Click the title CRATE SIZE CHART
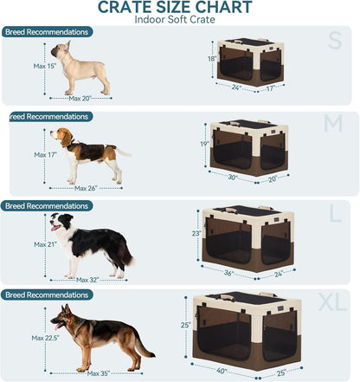[x=180, y=9]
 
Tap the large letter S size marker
[x=334, y=40]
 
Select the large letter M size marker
[x=333, y=125]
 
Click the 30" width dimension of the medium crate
[x=234, y=178]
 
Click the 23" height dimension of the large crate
[x=196, y=233]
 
